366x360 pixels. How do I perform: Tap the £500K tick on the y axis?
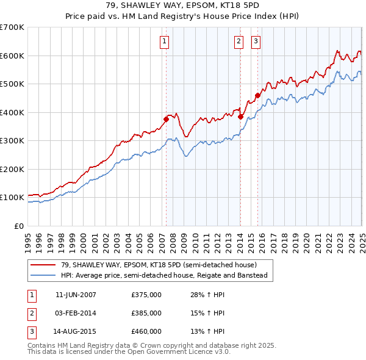coord(12,84)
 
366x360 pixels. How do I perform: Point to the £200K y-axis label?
coord(12,169)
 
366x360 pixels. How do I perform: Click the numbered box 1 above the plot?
coord(165,41)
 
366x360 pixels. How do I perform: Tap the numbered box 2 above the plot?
coord(238,41)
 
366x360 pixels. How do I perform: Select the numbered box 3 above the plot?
coord(256,41)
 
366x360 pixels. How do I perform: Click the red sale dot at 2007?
coord(166,119)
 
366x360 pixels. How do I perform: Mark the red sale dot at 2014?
coord(240,117)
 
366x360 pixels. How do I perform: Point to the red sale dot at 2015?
coord(257,95)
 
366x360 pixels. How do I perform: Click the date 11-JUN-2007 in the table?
coord(76,295)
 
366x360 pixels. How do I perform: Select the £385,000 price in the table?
coord(146,313)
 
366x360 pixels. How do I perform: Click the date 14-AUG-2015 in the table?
coord(76,331)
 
